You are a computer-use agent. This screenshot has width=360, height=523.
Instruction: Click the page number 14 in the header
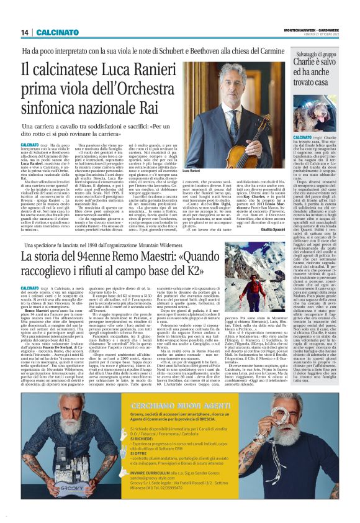pos(25,32)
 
